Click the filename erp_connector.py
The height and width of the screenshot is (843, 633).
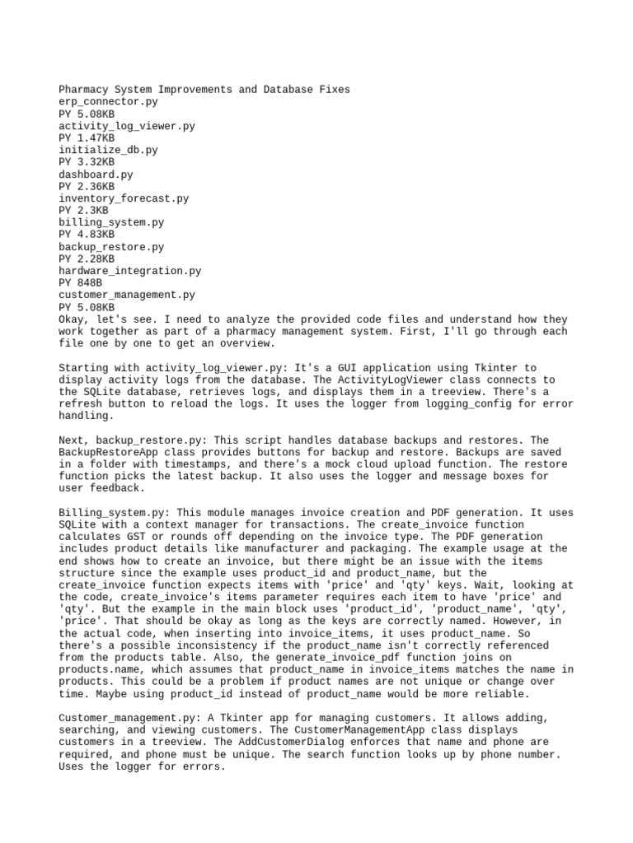click(x=108, y=102)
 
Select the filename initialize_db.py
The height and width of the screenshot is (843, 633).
click(x=108, y=151)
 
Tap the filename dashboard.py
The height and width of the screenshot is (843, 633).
click(x=96, y=175)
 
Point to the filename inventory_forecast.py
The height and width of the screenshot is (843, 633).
click(x=124, y=198)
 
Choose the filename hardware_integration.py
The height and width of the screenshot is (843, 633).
click(x=129, y=271)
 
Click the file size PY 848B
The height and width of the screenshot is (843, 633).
click(x=80, y=283)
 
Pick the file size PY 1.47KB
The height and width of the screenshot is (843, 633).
click(x=87, y=138)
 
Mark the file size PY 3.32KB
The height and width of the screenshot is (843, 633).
click(x=87, y=162)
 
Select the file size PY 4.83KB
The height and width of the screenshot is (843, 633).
click(x=87, y=235)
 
